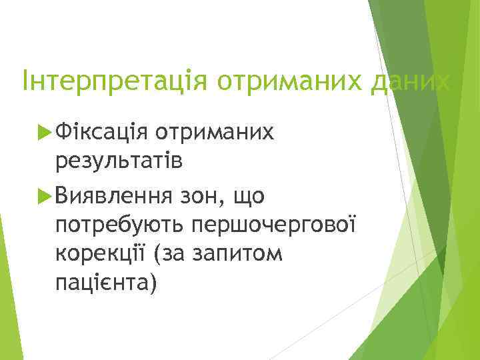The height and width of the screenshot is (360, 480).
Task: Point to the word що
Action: (x=247, y=196)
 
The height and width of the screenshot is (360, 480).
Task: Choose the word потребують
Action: (x=121, y=224)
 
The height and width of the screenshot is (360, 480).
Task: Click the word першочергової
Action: (x=275, y=224)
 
